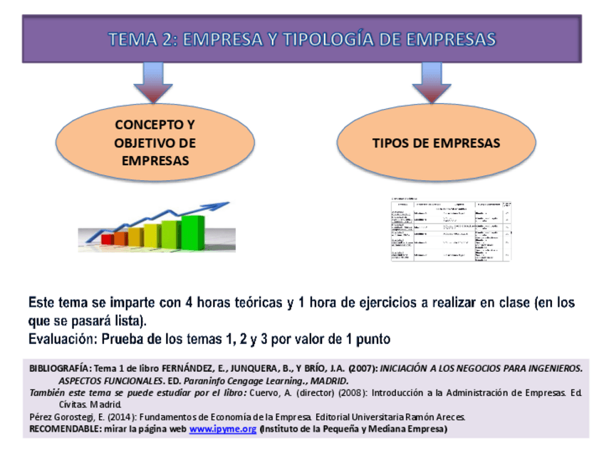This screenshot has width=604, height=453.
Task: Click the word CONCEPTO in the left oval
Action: point(155,125)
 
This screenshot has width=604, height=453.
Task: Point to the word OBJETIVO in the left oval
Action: point(155,142)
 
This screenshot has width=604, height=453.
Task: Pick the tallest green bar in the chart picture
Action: point(192,228)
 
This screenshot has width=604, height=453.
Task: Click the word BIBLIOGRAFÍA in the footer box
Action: point(61,368)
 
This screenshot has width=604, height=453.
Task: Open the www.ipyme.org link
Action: point(222,429)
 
